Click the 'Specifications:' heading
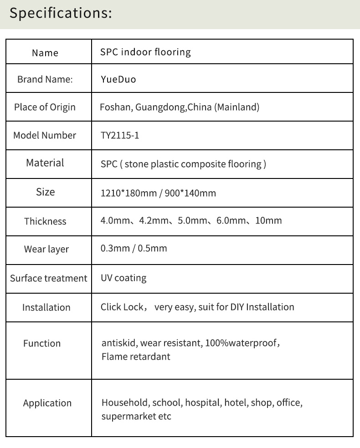(x=61, y=13)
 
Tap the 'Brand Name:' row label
(x=45, y=79)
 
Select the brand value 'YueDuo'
(x=118, y=80)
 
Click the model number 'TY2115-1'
(x=119, y=135)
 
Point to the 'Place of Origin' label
(x=45, y=107)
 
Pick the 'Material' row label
(x=45, y=163)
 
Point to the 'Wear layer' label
(x=46, y=249)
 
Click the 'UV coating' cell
(x=123, y=278)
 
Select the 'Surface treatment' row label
(x=48, y=278)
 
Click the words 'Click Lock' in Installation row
(x=122, y=307)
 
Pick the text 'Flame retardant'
(x=136, y=356)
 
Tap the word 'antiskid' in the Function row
(x=119, y=343)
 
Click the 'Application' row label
(x=47, y=403)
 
